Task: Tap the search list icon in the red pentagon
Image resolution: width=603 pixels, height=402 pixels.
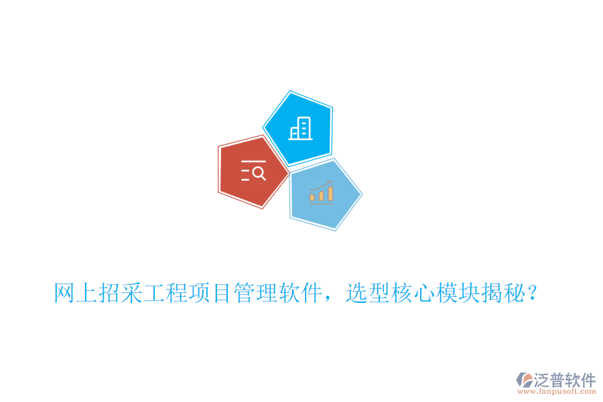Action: [253, 172]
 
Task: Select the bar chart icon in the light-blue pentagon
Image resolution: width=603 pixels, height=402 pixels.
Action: [322, 192]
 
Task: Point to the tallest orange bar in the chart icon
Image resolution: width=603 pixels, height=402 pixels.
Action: [330, 193]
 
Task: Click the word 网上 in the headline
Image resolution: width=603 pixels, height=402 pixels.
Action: [76, 293]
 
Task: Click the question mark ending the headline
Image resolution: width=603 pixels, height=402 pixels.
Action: [533, 293]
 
